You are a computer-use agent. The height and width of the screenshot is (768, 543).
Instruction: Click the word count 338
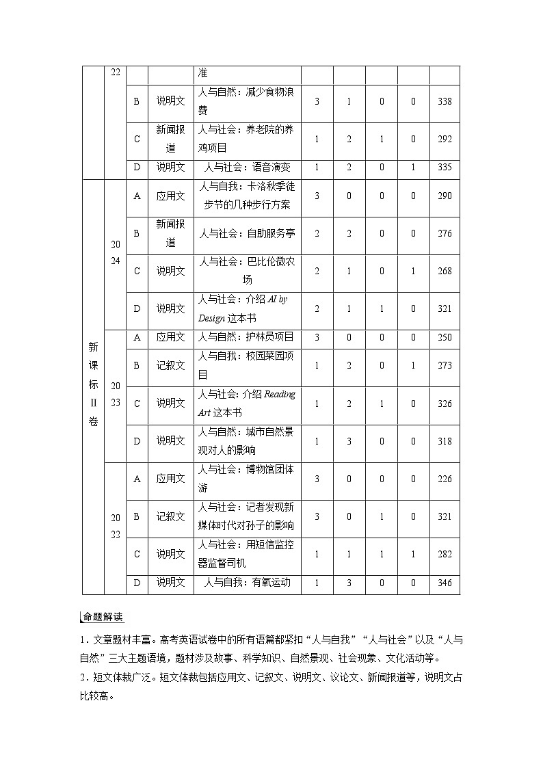[x=445, y=101]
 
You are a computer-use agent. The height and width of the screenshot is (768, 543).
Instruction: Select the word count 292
[x=445, y=139]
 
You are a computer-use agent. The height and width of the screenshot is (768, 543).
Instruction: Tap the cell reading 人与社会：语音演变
[x=248, y=167]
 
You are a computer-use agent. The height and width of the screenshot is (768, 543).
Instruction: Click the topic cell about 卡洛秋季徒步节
[x=248, y=195]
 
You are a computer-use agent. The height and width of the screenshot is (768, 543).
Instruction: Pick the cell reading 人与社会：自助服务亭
[x=248, y=233]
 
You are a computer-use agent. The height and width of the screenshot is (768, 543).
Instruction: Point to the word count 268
[x=445, y=271]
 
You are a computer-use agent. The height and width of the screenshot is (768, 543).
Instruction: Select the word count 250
[x=445, y=337]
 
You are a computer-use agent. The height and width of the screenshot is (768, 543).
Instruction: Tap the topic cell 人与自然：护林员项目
[x=248, y=337]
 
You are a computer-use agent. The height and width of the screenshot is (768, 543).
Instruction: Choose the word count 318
[x=445, y=441]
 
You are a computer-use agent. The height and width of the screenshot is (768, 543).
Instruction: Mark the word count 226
[x=445, y=479]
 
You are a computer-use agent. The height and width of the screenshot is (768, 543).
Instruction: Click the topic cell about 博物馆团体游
[x=248, y=479]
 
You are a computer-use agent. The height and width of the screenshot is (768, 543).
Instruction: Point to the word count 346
[x=445, y=583]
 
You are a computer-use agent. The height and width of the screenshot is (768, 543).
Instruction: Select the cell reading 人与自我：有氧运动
[x=248, y=583]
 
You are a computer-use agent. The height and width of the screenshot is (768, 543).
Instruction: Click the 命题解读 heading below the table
[x=103, y=617]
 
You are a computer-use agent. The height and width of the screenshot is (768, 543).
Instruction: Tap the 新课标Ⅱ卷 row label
[x=93, y=384]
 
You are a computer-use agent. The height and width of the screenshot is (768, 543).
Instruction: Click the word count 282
[x=445, y=554]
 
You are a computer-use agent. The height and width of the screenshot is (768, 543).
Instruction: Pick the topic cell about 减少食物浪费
[x=248, y=101]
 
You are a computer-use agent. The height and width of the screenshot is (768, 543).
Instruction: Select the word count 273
[x=445, y=365]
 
